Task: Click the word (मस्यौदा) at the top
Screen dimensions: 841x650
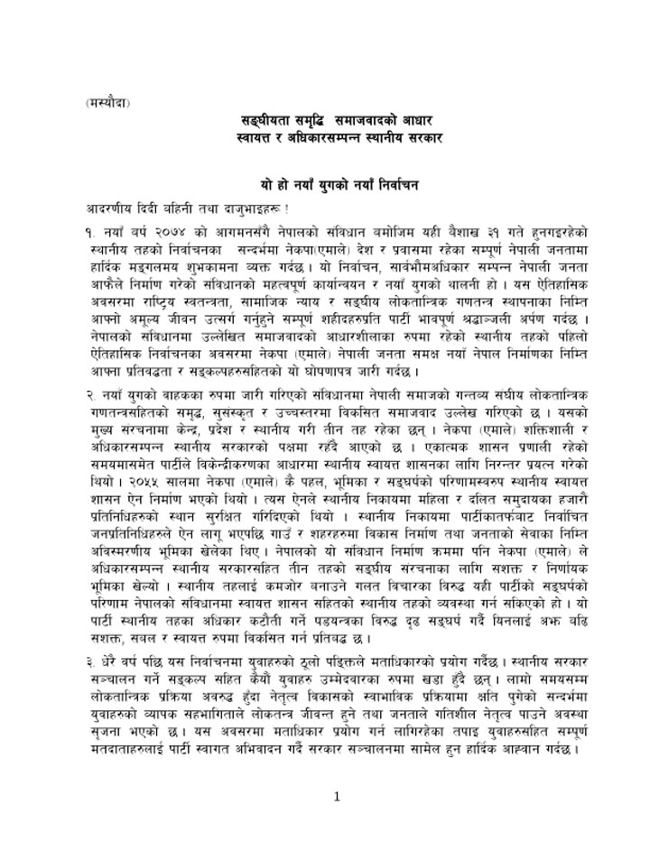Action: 102,102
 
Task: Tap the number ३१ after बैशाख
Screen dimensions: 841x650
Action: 473,231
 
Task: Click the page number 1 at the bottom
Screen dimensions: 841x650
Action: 335,796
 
